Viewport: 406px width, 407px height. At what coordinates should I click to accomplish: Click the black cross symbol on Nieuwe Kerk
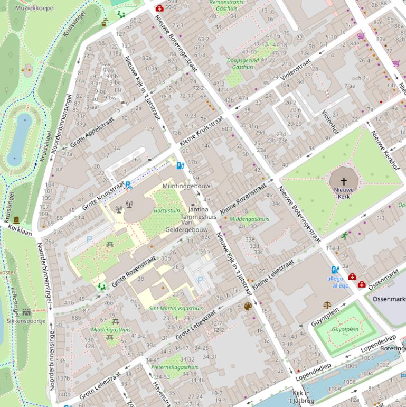pyautogui.click(x=344, y=181)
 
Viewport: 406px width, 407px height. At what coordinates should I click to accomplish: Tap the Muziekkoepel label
pyautogui.click(x=35, y=8)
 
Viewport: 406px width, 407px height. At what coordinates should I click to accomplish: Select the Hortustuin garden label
pyautogui.click(x=166, y=210)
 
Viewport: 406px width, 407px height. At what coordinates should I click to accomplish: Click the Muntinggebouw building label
pyautogui.click(x=186, y=187)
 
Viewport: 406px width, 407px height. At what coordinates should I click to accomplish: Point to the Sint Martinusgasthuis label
pyautogui.click(x=176, y=308)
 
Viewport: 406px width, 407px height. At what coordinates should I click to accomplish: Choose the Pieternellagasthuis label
pyautogui.click(x=175, y=367)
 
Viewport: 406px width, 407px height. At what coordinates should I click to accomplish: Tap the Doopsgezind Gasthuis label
pyautogui.click(x=243, y=64)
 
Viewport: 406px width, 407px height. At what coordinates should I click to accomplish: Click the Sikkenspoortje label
pyautogui.click(x=26, y=321)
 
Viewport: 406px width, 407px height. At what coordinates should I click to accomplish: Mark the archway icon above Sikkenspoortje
pyautogui.click(x=26, y=312)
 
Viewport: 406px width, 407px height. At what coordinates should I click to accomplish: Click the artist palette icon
pyautogui.click(x=248, y=306)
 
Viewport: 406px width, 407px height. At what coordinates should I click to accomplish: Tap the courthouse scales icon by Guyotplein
pyautogui.click(x=327, y=306)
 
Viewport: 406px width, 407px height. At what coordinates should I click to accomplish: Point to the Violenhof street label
pyautogui.click(x=329, y=122)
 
